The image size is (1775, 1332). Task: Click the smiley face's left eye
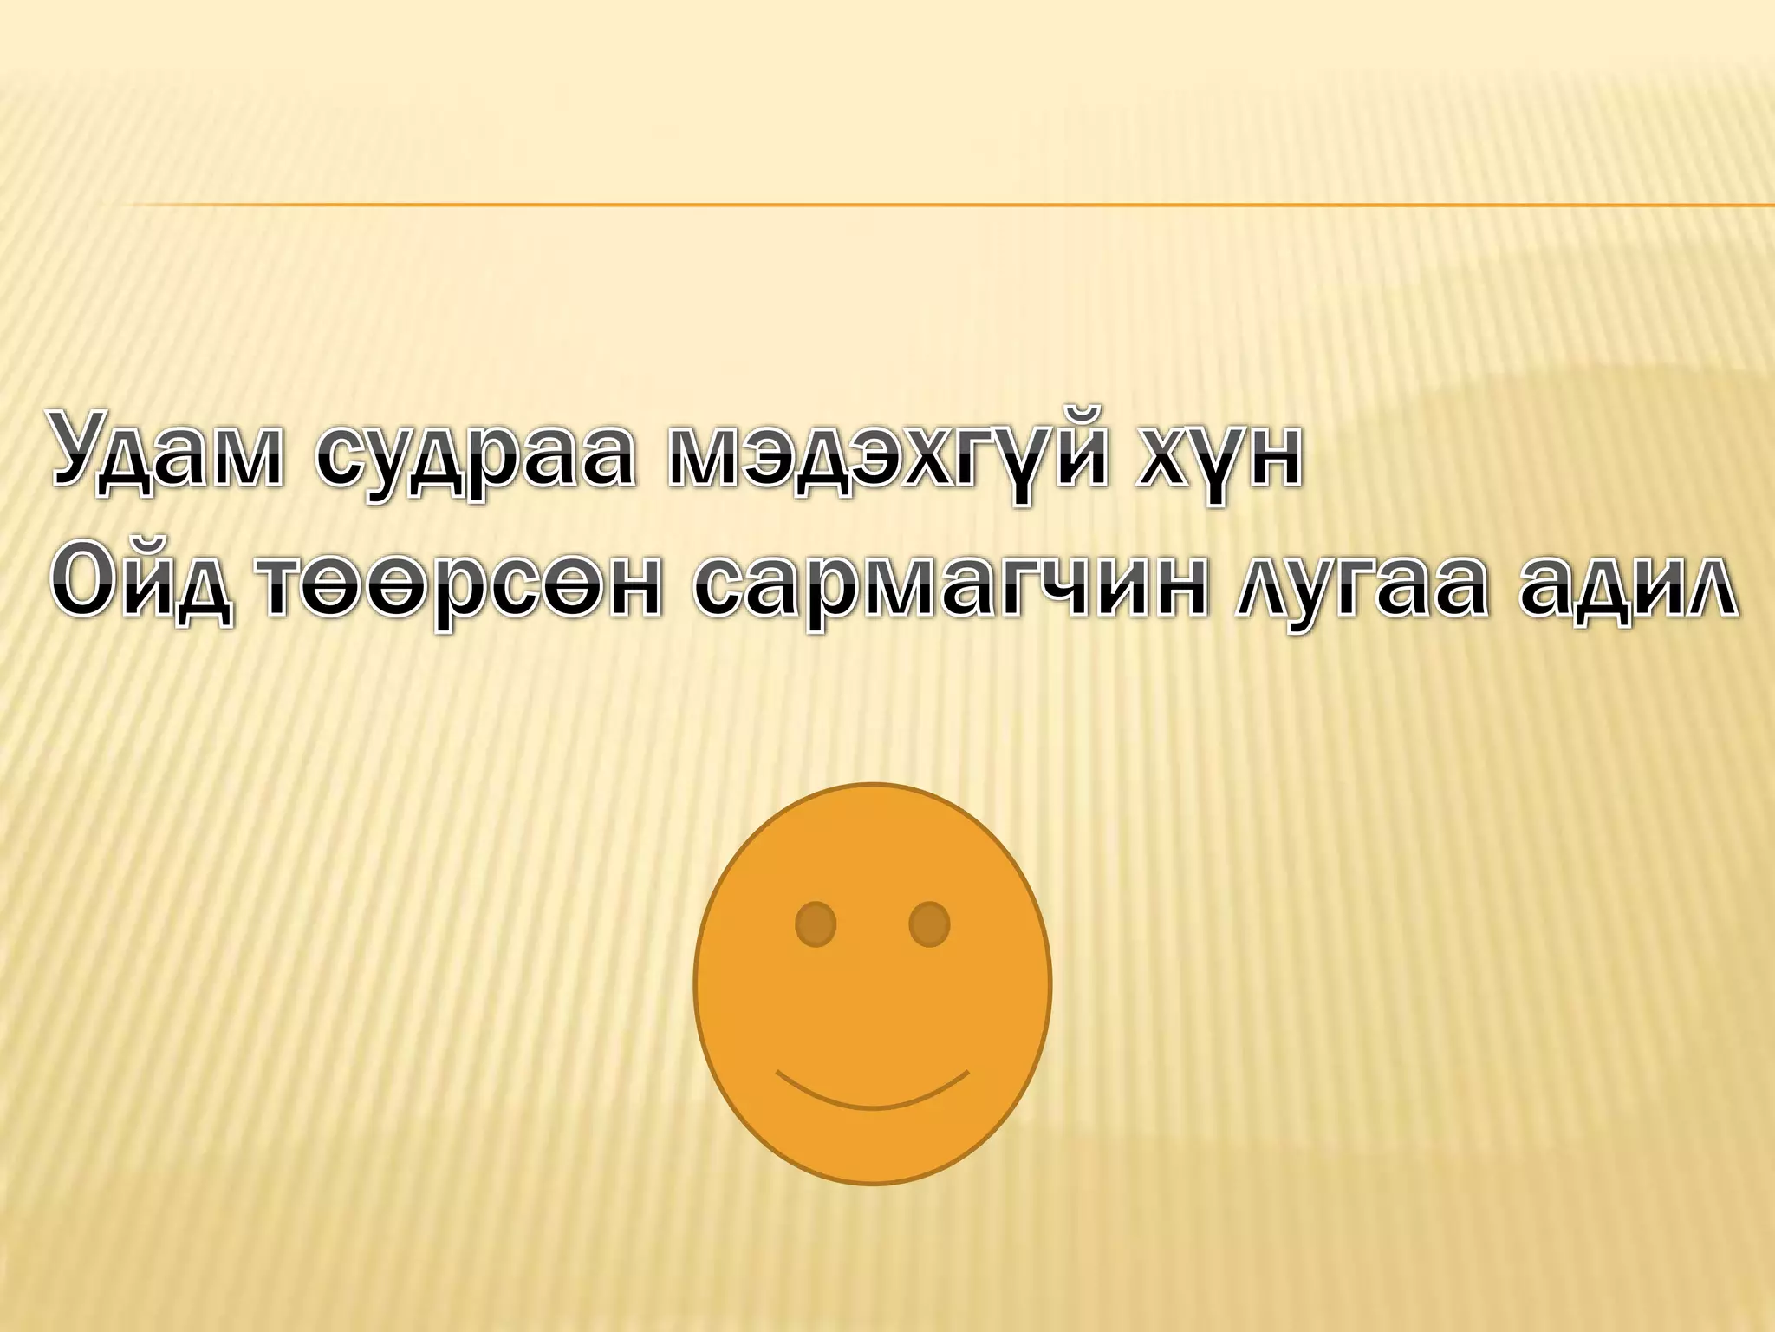pos(816,924)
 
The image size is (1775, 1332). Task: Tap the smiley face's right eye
pos(929,924)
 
